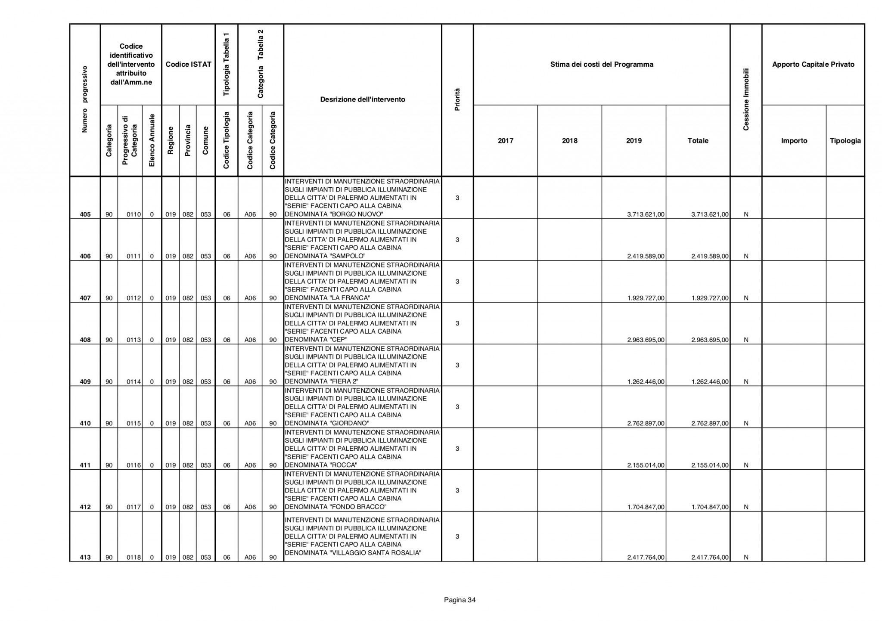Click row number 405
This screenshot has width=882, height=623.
tap(85, 214)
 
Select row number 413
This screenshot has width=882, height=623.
tap(85, 558)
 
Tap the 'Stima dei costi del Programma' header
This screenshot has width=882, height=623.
tap(602, 65)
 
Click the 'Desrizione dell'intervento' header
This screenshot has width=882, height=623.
tap(363, 99)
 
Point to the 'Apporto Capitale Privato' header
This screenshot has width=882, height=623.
tap(813, 65)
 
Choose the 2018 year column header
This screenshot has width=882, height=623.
tap(569, 141)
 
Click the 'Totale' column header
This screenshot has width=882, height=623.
tap(698, 141)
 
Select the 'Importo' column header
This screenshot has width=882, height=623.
tap(794, 141)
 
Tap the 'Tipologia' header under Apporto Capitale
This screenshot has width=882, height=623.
tap(845, 141)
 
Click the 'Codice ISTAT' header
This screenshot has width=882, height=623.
tap(188, 65)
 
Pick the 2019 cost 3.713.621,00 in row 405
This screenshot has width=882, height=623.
tap(646, 214)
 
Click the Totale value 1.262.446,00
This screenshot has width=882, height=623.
tap(710, 382)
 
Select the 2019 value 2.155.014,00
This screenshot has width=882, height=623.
tap(646, 465)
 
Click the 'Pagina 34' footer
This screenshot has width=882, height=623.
tap(460, 600)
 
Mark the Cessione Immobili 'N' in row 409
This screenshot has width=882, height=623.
tap(746, 382)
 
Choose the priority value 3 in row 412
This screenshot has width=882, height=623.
tap(457, 491)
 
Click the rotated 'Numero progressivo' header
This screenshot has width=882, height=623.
tap(85, 99)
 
